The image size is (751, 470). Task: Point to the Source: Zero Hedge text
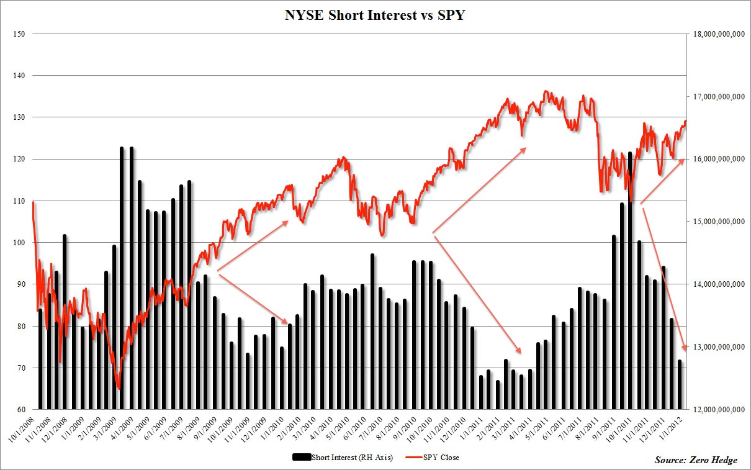696,460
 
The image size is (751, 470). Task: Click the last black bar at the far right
680,384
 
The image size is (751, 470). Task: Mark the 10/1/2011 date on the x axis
624,428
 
